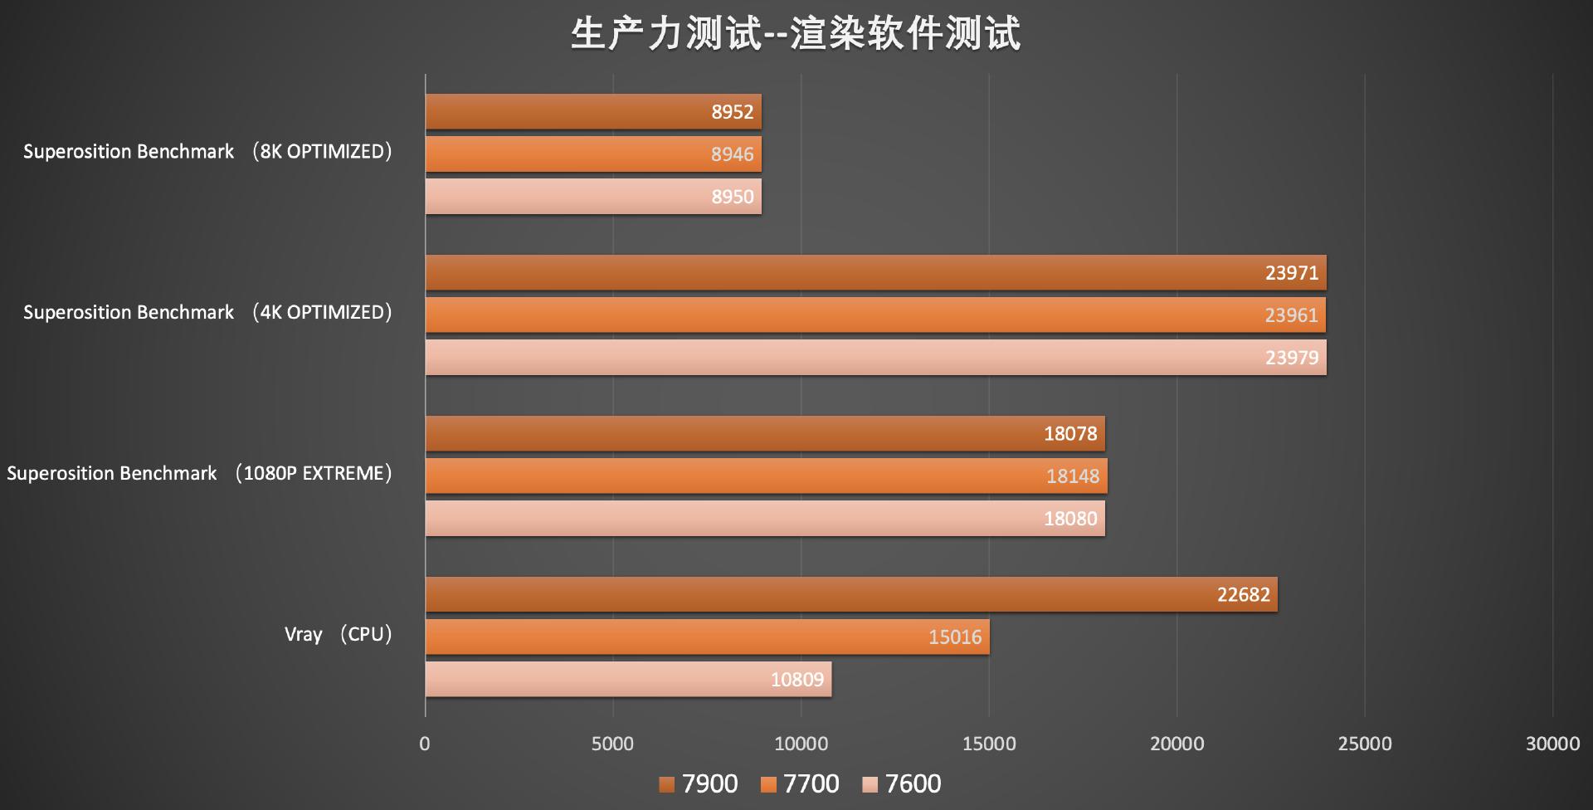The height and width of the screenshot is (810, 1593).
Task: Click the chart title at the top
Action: (x=796, y=34)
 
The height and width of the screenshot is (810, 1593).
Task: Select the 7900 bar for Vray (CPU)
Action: (x=850, y=594)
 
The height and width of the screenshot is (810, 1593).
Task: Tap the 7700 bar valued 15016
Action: (x=707, y=637)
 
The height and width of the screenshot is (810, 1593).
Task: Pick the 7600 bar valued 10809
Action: (x=628, y=679)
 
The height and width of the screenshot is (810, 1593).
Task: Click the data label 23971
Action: (x=1291, y=273)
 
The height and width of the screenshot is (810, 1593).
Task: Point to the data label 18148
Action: (x=1072, y=476)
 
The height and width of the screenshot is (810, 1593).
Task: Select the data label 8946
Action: (x=732, y=154)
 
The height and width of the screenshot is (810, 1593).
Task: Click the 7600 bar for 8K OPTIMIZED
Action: (x=593, y=197)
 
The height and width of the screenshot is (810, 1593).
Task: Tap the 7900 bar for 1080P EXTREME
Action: (x=764, y=433)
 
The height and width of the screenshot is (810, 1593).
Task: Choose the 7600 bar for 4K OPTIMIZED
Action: (x=875, y=358)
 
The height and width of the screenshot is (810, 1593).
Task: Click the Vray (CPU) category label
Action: (x=338, y=635)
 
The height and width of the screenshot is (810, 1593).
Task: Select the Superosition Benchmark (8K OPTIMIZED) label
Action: (x=207, y=152)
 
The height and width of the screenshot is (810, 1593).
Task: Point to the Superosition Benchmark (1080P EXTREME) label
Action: (x=199, y=474)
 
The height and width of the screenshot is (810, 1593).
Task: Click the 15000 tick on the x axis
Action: (x=988, y=744)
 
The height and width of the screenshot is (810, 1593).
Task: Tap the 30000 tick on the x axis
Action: (x=1552, y=744)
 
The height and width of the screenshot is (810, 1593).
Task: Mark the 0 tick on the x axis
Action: (x=425, y=744)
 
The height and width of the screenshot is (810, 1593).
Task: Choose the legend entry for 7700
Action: (x=800, y=784)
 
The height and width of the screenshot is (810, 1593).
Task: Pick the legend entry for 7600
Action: (x=902, y=784)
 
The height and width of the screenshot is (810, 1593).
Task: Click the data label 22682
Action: (x=1243, y=595)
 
